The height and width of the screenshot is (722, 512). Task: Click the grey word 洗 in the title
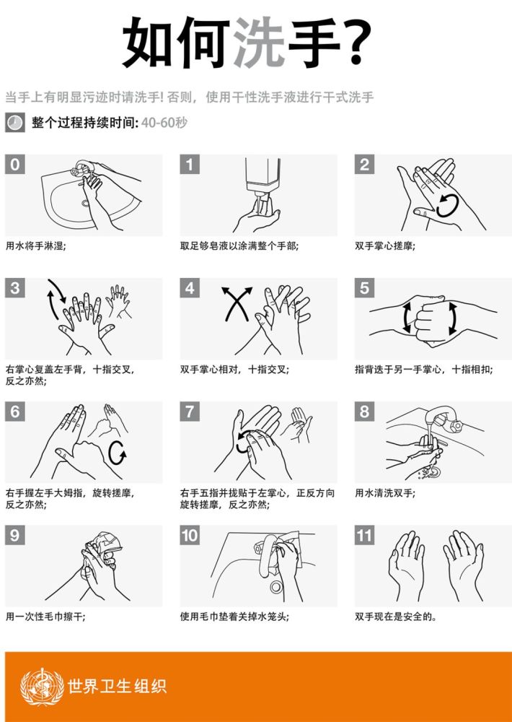tap(259, 43)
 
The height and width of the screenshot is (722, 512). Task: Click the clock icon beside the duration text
tap(14, 123)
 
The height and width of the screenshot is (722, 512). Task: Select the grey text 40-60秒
tap(164, 123)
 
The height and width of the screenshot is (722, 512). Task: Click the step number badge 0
tap(14, 165)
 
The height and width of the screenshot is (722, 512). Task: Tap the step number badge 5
tap(364, 288)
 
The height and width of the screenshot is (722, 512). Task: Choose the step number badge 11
tap(364, 535)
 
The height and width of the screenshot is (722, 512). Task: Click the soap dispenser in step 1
tap(262, 183)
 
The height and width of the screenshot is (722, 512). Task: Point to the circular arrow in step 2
tap(447, 205)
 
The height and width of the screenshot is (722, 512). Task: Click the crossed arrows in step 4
tap(237, 303)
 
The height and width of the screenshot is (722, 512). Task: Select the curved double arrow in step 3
tap(57, 299)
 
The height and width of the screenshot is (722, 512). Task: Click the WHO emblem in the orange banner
tap(42, 687)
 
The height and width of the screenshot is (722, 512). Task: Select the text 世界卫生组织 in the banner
tap(117, 686)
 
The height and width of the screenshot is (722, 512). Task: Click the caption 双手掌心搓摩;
tap(384, 246)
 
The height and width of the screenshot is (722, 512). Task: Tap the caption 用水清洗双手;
tap(384, 493)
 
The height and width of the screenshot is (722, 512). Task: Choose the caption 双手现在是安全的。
tap(396, 617)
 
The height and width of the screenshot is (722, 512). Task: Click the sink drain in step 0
tap(86, 203)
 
